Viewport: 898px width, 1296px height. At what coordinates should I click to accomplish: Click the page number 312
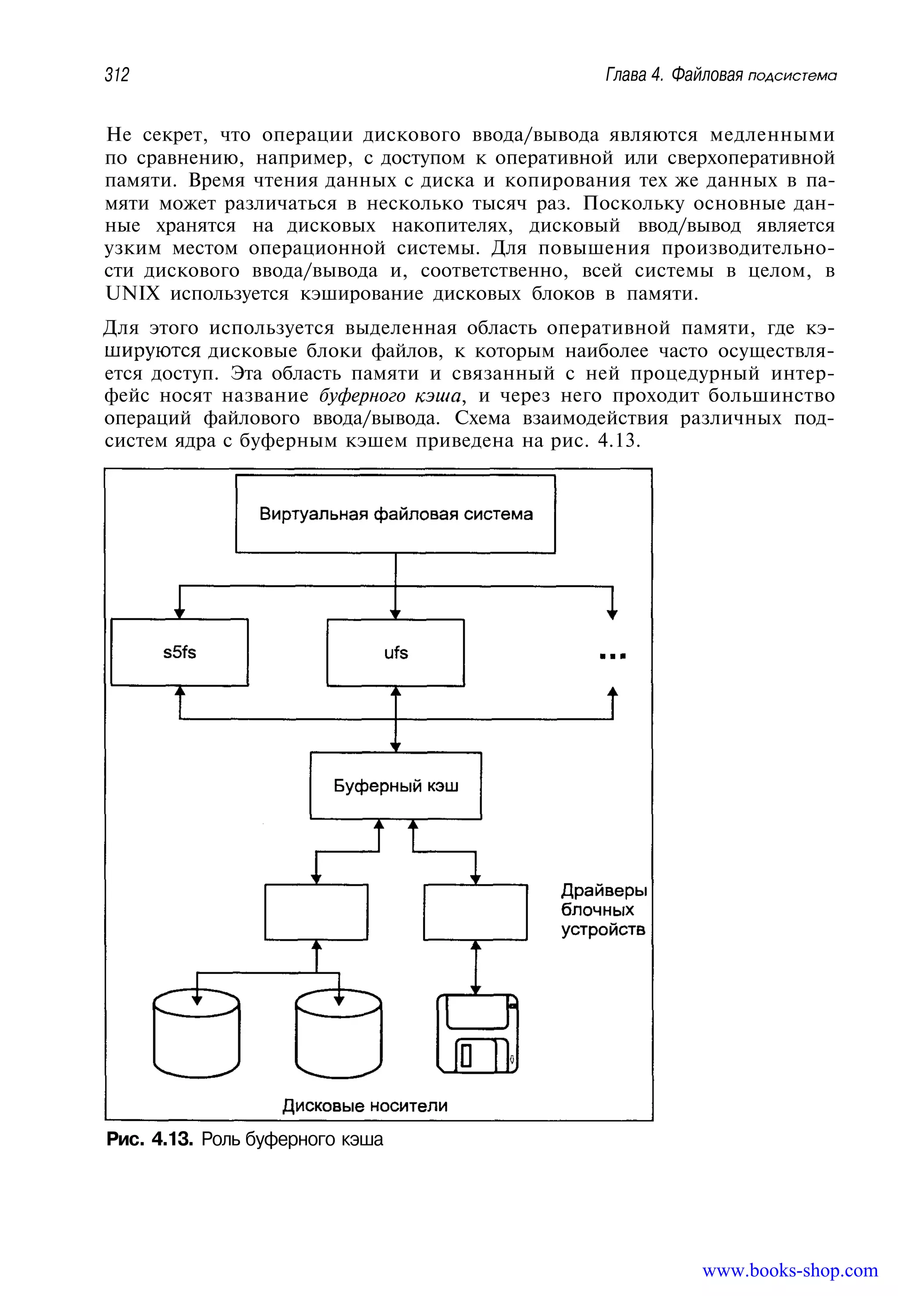(x=117, y=74)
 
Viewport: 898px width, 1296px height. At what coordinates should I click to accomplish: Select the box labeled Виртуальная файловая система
(x=395, y=514)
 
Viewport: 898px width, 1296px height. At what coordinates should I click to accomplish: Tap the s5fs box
(x=179, y=652)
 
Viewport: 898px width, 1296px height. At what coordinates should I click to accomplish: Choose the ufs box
(x=396, y=652)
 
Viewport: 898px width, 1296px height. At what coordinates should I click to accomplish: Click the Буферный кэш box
(x=396, y=785)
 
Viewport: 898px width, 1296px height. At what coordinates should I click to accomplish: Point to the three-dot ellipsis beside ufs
(x=612, y=656)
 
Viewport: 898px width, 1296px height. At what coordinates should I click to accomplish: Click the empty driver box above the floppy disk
(x=475, y=912)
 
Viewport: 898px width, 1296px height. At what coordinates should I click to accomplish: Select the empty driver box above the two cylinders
(x=316, y=912)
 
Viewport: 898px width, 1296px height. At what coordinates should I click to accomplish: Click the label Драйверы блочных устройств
(x=603, y=910)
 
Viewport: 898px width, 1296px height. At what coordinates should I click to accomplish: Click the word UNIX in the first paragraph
(x=133, y=294)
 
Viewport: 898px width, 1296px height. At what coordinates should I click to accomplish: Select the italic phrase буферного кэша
(x=391, y=396)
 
